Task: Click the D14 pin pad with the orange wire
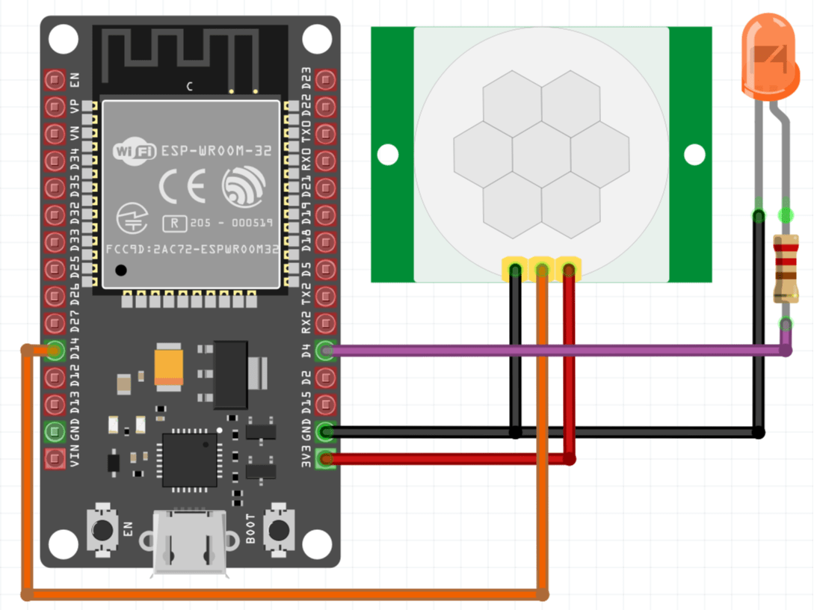[55, 350]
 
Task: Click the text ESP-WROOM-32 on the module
[216, 151]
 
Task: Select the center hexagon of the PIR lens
[541, 155]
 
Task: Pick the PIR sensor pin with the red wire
[569, 269]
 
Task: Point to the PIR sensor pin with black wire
[515, 269]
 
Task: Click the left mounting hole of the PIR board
[387, 155]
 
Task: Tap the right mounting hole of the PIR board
[694, 155]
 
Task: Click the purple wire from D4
[553, 350]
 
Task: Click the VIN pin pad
[55, 458]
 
